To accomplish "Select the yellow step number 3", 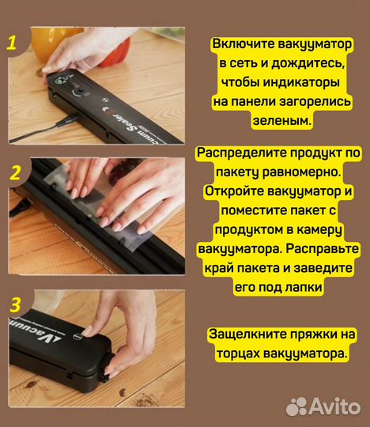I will point(14,304).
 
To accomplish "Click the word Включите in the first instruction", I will point(244,46).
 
